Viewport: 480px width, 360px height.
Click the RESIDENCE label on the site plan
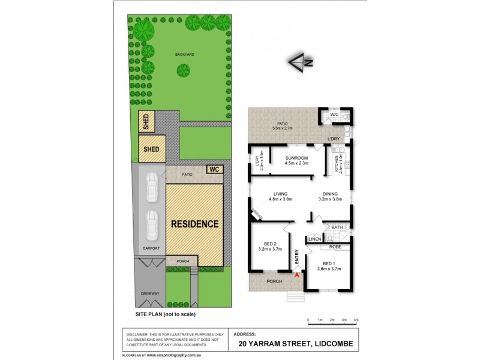pos(195,224)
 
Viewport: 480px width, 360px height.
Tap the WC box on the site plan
pos(214,169)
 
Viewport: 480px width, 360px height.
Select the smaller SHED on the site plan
pos(146,122)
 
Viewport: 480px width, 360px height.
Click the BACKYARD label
pos(185,55)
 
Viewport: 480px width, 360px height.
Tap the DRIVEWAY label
pos(150,293)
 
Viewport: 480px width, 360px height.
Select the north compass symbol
pos(301,61)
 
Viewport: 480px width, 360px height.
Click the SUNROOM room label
pos(296,158)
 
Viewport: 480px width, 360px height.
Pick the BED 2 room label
pos(269,244)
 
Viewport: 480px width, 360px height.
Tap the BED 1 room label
pos(328,265)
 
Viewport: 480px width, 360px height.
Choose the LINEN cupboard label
pos(314,239)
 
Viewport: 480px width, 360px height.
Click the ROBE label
pos(336,247)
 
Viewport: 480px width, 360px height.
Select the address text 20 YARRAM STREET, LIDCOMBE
pos(296,344)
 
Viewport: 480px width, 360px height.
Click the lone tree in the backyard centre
pos(183,71)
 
